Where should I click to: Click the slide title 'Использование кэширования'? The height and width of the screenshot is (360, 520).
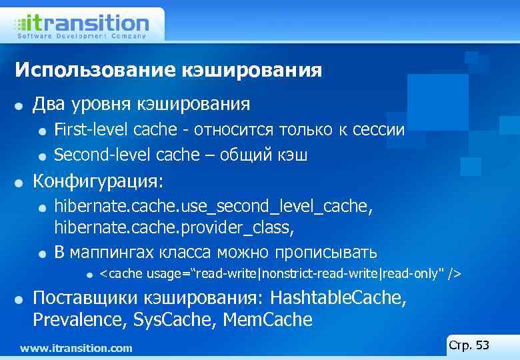[x=168, y=70]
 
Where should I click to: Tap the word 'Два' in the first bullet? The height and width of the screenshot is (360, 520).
[x=51, y=104]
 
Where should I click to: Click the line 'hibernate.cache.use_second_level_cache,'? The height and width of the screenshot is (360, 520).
[x=213, y=207]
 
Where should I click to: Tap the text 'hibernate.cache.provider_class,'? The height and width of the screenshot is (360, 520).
[x=173, y=228]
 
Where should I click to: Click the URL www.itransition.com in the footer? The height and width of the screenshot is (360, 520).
[x=76, y=348]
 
